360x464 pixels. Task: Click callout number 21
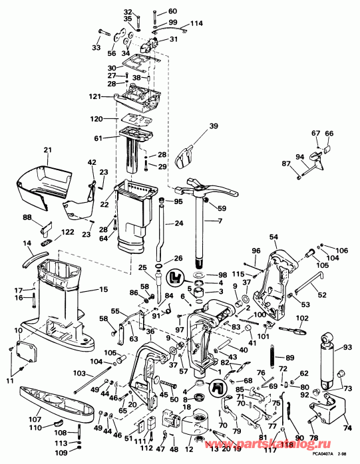click(x=47, y=150)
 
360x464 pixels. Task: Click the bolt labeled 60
click(x=154, y=13)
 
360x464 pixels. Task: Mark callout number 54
click(x=273, y=237)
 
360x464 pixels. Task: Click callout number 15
click(x=103, y=289)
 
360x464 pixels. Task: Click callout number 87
click(x=285, y=164)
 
